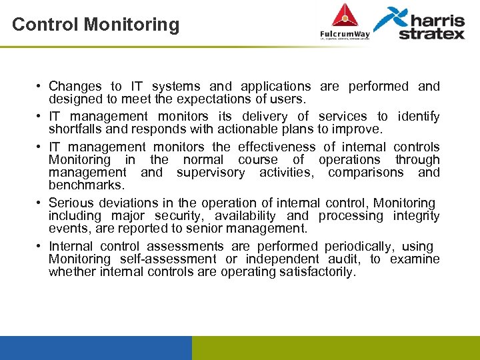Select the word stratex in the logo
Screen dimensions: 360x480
tap(431, 33)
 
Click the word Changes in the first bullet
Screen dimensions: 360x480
tap(75, 86)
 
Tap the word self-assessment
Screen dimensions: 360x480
tap(168, 259)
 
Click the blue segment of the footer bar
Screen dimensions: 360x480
tap(95, 347)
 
